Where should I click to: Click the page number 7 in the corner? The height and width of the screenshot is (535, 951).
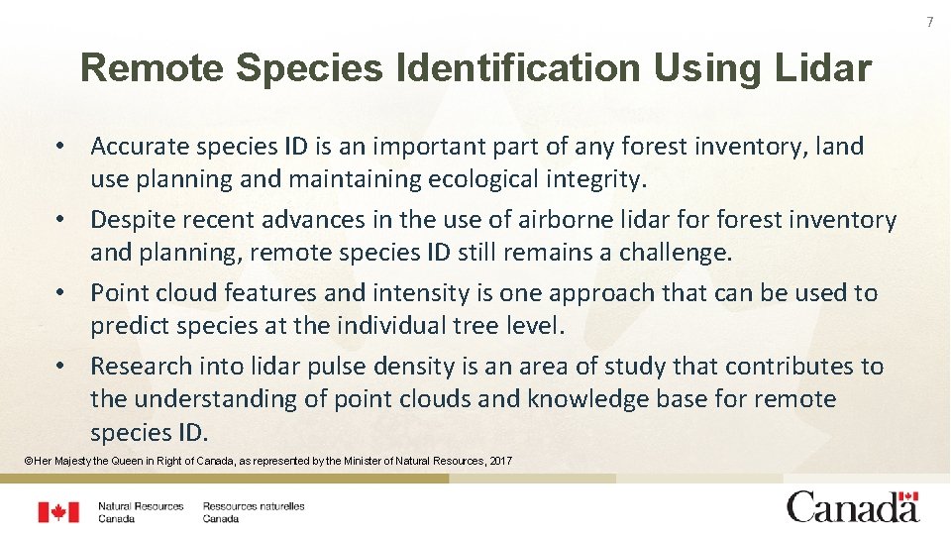(930, 22)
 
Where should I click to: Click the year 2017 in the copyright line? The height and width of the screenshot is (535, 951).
(500, 461)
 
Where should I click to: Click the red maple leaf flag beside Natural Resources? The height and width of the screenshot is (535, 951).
(58, 512)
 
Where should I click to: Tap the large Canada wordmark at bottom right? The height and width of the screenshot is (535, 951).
(853, 506)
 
